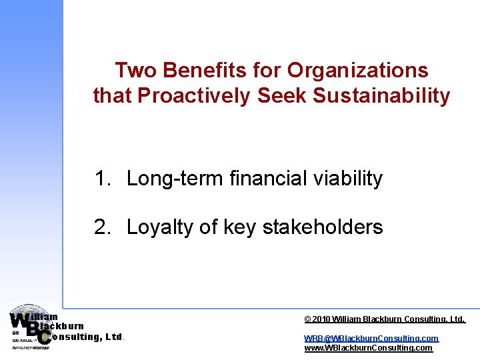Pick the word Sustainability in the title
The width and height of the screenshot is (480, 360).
pyautogui.click(x=381, y=96)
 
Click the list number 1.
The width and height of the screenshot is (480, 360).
pyautogui.click(x=101, y=179)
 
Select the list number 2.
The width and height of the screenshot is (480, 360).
pyautogui.click(x=101, y=227)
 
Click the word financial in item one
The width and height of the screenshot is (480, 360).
pyautogui.click(x=267, y=179)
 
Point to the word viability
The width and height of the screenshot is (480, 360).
pyautogui.click(x=347, y=179)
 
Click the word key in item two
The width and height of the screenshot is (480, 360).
pyautogui.click(x=237, y=228)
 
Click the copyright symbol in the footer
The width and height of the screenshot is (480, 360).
pyautogui.click(x=307, y=320)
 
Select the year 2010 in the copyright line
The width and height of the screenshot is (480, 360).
pyautogui.click(x=322, y=320)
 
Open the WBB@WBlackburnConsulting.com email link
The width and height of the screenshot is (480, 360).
pyautogui.click(x=371, y=339)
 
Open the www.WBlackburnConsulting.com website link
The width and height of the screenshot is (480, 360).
pyautogui.click(x=368, y=348)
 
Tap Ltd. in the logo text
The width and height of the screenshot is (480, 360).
pyautogui.click(x=114, y=337)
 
